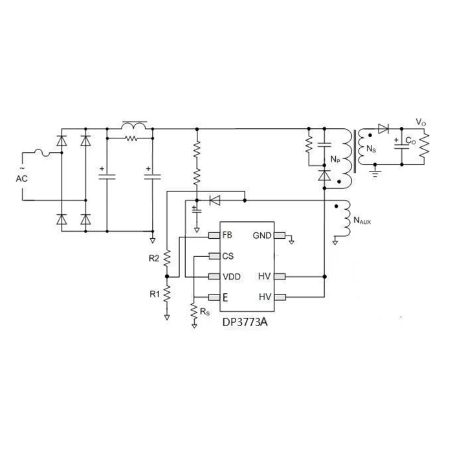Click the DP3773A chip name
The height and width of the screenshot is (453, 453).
245,321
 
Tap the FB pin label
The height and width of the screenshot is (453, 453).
227,235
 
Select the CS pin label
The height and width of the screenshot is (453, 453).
227,256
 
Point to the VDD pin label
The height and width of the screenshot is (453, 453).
232,276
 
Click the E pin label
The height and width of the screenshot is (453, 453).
225,298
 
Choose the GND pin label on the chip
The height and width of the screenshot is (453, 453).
262,235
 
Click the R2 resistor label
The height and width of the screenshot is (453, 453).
154,259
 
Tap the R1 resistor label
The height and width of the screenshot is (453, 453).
154,294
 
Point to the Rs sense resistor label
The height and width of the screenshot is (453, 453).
204,312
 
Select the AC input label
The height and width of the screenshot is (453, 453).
21,178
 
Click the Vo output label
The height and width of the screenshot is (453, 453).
421,122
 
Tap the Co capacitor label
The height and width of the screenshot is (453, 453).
410,140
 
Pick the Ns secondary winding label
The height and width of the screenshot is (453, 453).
371,149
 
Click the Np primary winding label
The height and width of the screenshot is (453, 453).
335,159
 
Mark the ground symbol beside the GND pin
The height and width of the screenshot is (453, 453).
293,241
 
